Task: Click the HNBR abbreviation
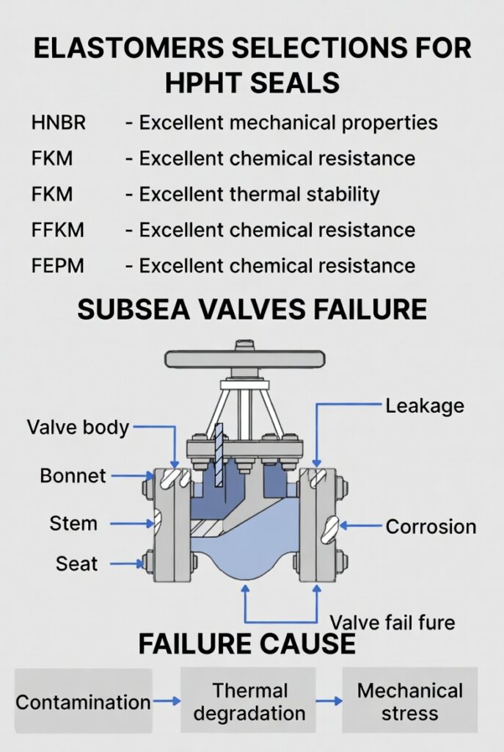(59, 123)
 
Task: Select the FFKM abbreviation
(59, 230)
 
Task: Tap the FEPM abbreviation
(59, 266)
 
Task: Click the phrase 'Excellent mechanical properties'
(288, 123)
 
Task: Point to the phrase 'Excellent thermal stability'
(259, 194)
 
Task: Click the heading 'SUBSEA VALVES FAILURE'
(252, 309)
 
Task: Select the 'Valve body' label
(78, 427)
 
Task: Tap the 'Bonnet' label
(73, 476)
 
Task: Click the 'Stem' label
(73, 524)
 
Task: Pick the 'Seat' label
(76, 564)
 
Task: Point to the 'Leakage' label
(425, 405)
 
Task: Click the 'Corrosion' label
(431, 527)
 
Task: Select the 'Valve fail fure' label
(392, 623)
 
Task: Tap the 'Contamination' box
(83, 702)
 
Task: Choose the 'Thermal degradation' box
(249, 701)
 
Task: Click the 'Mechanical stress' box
(409, 701)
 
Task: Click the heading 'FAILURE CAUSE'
(246, 644)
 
